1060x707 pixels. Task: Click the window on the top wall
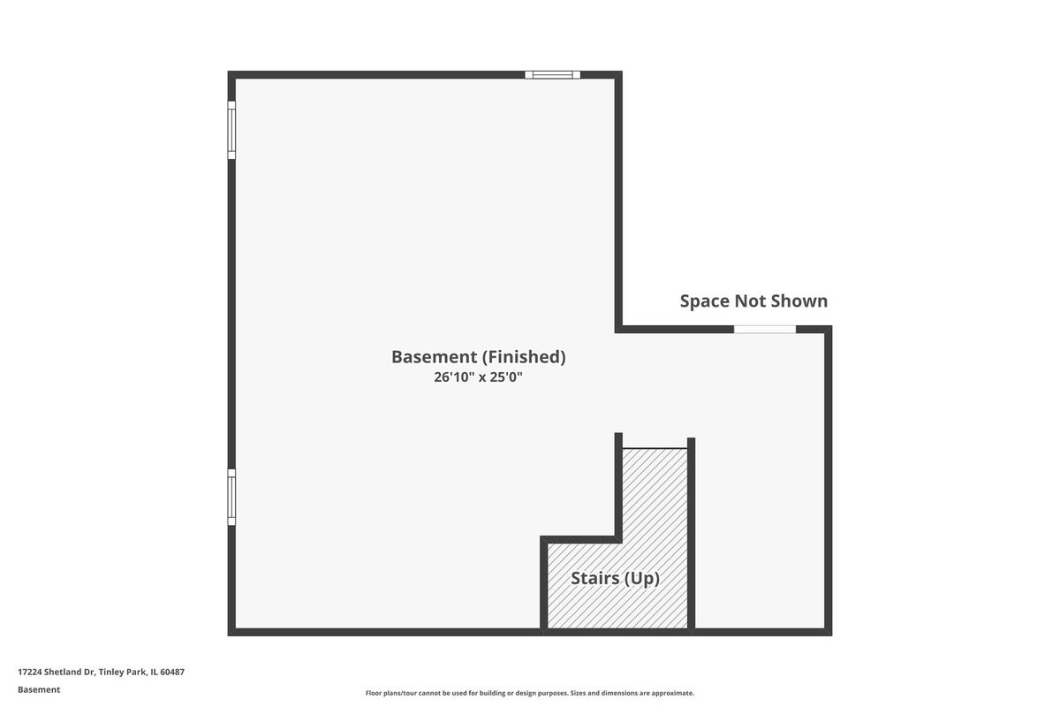click(552, 75)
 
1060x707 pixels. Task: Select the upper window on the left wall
click(231, 130)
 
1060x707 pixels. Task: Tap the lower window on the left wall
click(231, 497)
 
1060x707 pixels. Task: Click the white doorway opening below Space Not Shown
click(765, 329)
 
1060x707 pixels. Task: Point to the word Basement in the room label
click(435, 357)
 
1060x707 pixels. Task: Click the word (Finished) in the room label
click(524, 357)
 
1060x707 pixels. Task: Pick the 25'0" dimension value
click(506, 377)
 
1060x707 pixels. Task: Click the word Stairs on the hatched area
click(594, 578)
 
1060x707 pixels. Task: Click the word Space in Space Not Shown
click(705, 301)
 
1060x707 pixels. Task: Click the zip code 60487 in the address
click(172, 672)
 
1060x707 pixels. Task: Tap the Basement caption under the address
click(39, 689)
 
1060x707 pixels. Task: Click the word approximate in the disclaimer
click(672, 693)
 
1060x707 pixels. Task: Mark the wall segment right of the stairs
click(691, 534)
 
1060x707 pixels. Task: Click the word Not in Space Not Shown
click(752, 301)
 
